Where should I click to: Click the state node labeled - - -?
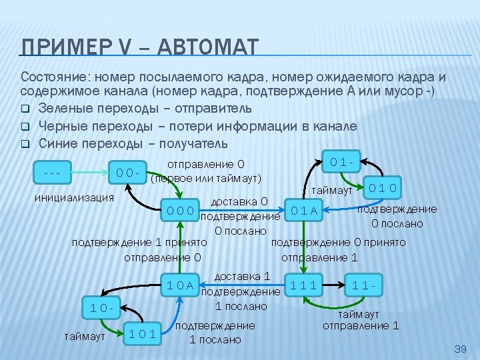pyautogui.click(x=50, y=173)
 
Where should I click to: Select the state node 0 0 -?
pyautogui.click(x=128, y=173)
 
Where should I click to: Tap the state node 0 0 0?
pyautogui.click(x=181, y=211)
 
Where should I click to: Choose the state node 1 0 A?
pyautogui.click(x=181, y=286)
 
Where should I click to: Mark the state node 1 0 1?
pyautogui.click(x=143, y=334)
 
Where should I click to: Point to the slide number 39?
pyautogui.click(x=459, y=349)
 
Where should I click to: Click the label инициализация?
pyautogui.click(x=74, y=198)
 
